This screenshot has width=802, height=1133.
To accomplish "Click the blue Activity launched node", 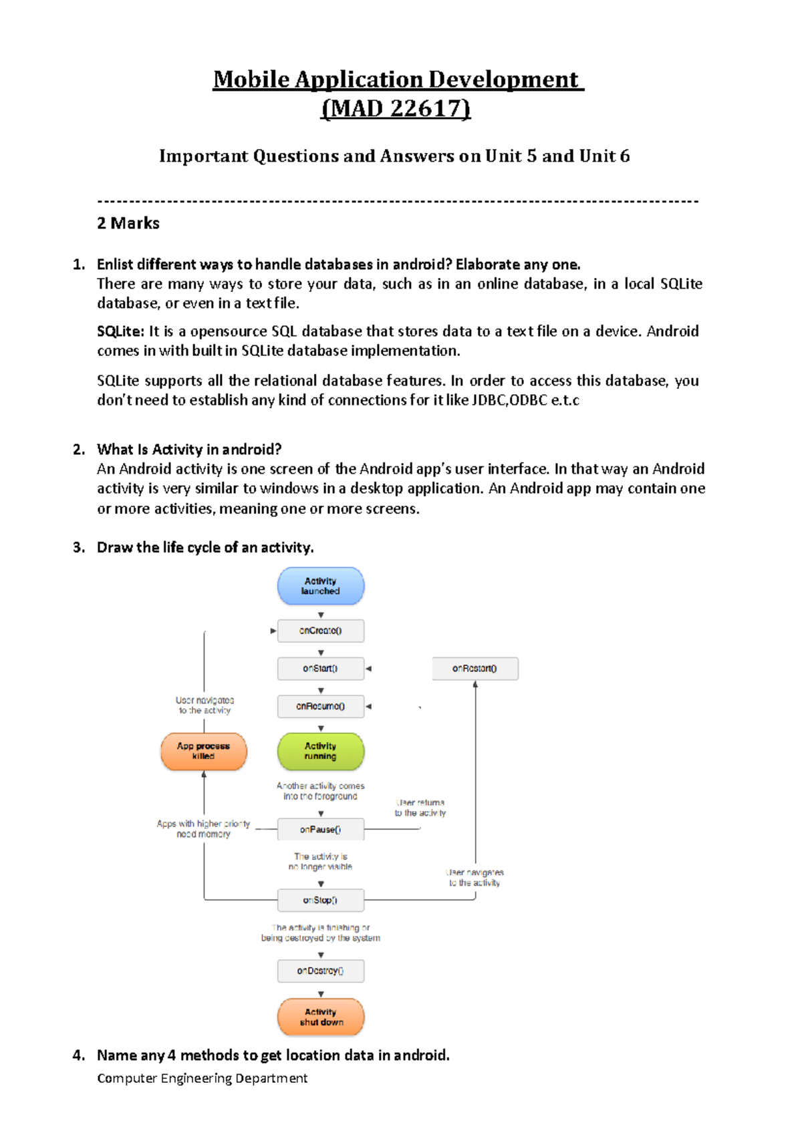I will tap(321, 586).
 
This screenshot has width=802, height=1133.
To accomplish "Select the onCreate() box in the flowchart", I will tap(321, 631).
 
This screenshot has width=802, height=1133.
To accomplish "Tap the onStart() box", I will tap(321, 668).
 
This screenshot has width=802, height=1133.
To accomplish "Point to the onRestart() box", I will tap(475, 668).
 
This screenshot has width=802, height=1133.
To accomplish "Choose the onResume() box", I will tap(321, 706).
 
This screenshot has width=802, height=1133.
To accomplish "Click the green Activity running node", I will tap(321, 752).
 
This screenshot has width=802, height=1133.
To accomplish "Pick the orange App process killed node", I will tap(203, 752).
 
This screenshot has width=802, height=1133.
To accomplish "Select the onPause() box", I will tap(321, 830).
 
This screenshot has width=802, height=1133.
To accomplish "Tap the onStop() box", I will tap(321, 900).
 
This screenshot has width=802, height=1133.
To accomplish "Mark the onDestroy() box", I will tap(321, 971).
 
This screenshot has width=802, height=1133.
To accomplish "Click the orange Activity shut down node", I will tap(321, 1017).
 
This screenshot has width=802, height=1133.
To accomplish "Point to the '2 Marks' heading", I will tap(128, 223).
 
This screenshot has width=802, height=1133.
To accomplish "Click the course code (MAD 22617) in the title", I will tap(396, 108).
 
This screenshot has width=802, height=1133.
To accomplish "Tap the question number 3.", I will tap(79, 548).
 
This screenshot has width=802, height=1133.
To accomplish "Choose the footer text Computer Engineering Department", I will tap(202, 1078).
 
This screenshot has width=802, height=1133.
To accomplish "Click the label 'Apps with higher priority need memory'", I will tap(203, 829).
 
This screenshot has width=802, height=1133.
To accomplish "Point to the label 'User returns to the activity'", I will tap(420, 808).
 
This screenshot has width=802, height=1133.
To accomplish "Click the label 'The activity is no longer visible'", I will tap(321, 861).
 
